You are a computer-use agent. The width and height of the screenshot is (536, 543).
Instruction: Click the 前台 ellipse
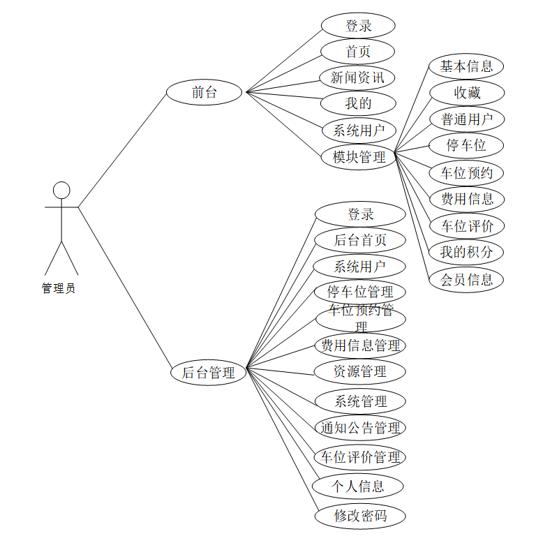[x=204, y=92]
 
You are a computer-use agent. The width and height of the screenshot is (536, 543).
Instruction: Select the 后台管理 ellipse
[x=209, y=373]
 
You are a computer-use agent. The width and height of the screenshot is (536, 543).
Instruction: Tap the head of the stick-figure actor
[x=62, y=190]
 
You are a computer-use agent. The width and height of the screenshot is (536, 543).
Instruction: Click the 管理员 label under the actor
[x=59, y=288]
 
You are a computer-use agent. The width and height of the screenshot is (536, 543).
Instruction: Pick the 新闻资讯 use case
[x=358, y=77]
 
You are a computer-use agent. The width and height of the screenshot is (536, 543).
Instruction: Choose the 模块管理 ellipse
[x=359, y=157]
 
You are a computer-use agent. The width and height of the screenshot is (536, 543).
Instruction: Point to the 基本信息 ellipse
[x=466, y=67]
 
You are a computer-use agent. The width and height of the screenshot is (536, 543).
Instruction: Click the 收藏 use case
[x=466, y=93]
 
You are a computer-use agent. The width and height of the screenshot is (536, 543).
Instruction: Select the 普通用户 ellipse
[x=466, y=119]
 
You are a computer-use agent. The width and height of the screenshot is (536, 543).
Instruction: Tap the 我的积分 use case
[x=466, y=252]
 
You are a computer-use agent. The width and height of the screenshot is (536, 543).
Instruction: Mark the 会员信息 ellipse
[x=466, y=280]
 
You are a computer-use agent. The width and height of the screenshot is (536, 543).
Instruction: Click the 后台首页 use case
[x=360, y=240]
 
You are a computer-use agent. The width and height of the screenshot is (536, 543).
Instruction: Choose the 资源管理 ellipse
[x=360, y=371]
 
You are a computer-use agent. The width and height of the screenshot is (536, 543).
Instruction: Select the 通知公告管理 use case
[x=360, y=427]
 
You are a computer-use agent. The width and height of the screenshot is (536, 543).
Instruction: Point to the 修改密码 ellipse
[x=360, y=516]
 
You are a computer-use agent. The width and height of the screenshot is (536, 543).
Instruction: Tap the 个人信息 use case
[x=359, y=486]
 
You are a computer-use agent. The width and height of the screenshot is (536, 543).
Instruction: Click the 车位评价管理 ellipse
[x=360, y=457]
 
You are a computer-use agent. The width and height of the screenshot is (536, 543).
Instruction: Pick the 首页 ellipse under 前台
[x=358, y=52]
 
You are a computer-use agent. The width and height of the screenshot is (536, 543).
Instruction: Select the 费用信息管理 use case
[x=360, y=345]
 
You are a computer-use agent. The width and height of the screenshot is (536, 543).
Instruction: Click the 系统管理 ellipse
[x=360, y=401]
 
